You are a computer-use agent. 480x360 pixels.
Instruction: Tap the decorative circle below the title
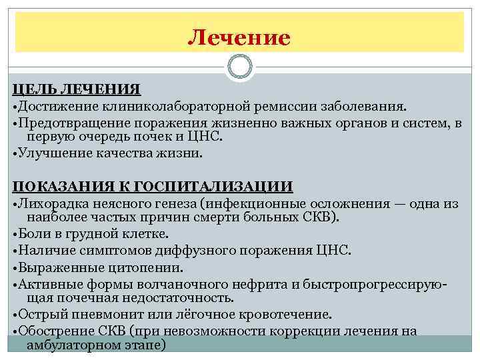click(x=239, y=67)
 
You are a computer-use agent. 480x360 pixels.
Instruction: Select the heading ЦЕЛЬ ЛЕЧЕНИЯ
click(x=77, y=90)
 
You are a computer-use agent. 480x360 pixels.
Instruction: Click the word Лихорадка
click(x=54, y=203)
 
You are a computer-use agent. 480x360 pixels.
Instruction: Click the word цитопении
click(x=143, y=267)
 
